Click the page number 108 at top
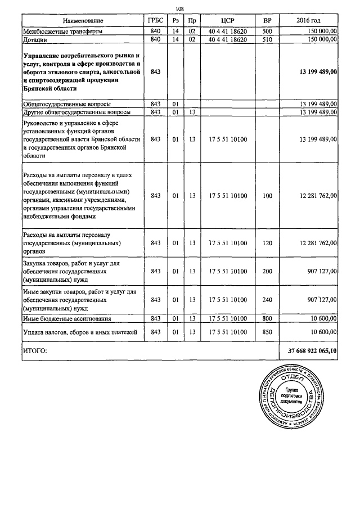coord(180,8)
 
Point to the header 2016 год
coord(310,20)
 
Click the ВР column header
coord(267,20)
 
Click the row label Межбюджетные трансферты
coord(62,31)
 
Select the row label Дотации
coord(35,40)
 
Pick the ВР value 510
coord(267,40)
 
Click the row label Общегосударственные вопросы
coord(66,104)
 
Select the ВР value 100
coord(267,196)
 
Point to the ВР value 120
coord(267,243)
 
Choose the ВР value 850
coord(267,332)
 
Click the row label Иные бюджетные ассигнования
coord(66,318)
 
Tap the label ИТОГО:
coord(35,350)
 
